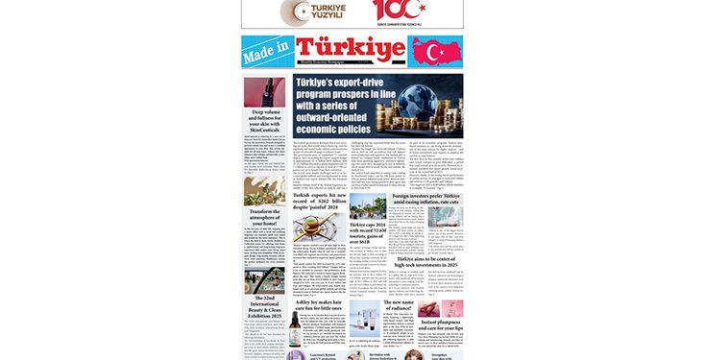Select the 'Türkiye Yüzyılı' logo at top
coord(304,13)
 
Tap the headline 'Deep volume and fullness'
coord(264,122)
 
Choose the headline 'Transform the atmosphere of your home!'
coord(264,219)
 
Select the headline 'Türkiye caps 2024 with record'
coord(361,239)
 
